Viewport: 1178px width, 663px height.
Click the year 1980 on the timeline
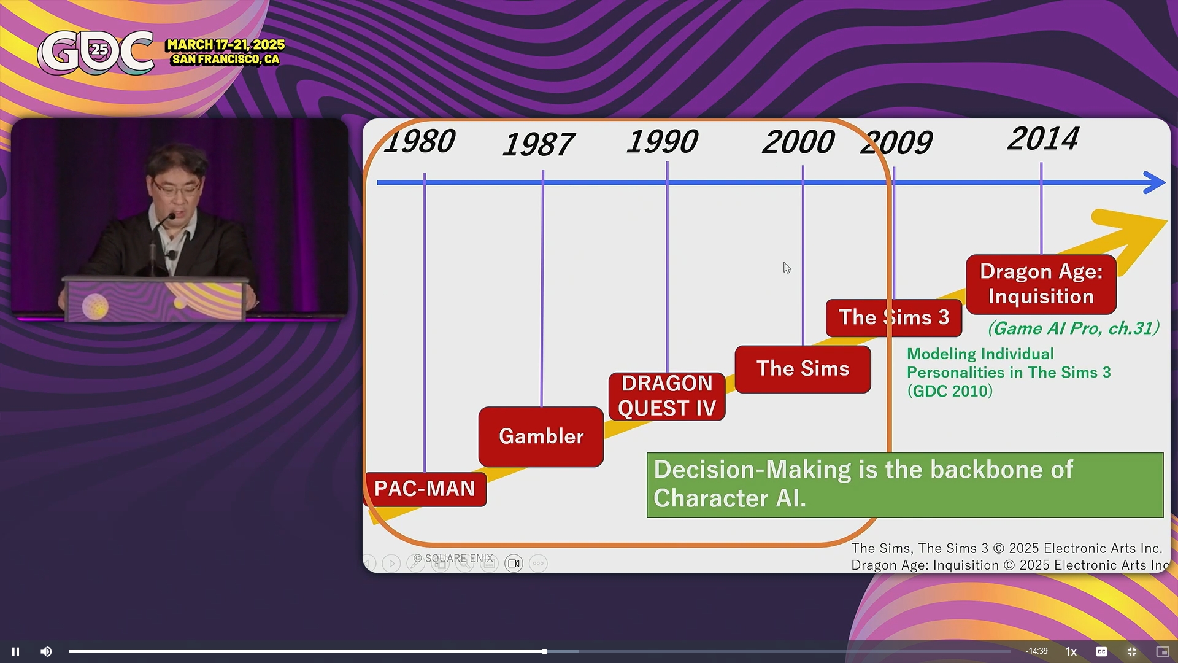[420, 141]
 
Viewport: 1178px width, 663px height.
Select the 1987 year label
[538, 145]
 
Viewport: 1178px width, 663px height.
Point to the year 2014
[1043, 139]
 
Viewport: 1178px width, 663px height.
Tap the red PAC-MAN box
[425, 489]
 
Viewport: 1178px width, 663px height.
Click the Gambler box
[541, 436]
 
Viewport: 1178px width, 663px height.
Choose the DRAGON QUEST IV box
[667, 397]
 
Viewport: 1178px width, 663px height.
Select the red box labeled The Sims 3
[894, 318]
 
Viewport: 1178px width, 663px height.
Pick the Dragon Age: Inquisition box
[1041, 284]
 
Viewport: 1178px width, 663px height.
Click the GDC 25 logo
[96, 53]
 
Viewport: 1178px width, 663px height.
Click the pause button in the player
[15, 651]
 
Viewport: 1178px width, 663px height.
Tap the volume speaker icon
[46, 651]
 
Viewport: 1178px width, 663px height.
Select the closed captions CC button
[1101, 651]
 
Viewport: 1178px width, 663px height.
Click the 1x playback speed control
[1071, 651]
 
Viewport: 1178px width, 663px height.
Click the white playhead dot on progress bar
[544, 651]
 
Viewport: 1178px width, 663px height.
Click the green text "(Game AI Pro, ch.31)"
[1074, 328]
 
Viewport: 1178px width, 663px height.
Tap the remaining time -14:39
[1037, 651]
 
